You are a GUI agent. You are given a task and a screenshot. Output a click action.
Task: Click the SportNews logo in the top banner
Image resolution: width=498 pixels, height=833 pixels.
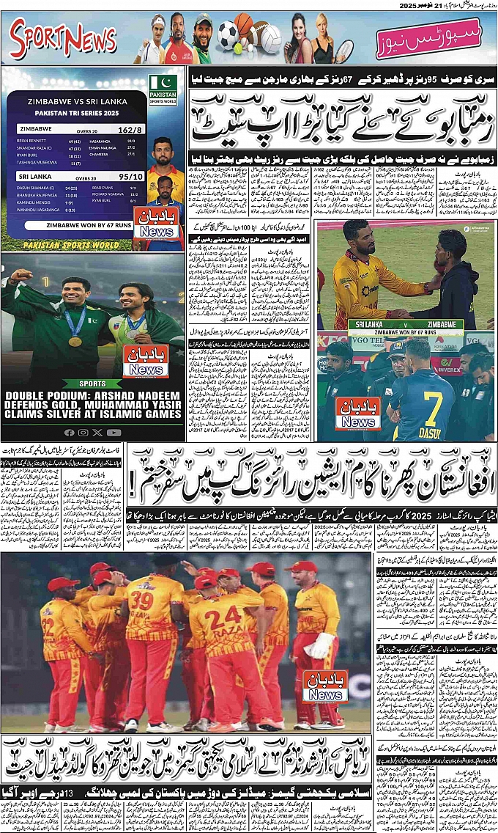tap(64, 39)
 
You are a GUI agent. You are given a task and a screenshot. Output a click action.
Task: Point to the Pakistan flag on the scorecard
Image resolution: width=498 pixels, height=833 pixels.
tap(163, 81)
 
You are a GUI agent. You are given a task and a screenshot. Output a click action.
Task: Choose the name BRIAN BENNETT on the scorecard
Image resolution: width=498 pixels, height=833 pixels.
tap(31, 140)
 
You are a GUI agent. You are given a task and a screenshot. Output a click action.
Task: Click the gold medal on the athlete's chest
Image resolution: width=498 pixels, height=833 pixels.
tap(75, 340)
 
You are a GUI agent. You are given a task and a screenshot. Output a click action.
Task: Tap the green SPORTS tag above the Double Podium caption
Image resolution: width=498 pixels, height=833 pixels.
tap(93, 384)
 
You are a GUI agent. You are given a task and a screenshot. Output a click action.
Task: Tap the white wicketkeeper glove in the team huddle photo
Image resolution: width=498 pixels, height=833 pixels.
tap(319, 645)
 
